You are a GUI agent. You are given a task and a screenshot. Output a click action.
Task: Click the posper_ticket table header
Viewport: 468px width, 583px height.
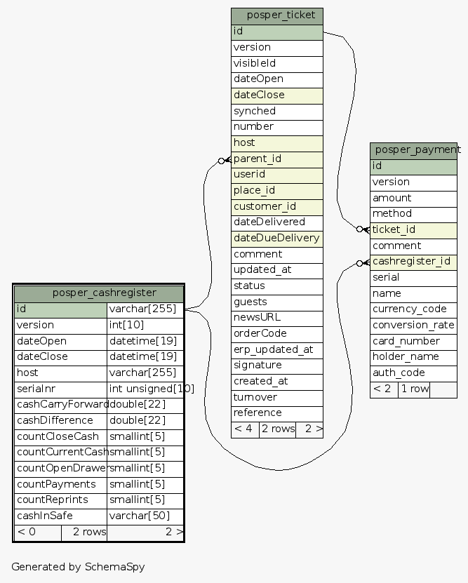(x=277, y=15)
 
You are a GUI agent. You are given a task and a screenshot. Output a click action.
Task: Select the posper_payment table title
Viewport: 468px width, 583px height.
(x=413, y=150)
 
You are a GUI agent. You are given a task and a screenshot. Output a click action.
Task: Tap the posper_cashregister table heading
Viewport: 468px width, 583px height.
(x=99, y=293)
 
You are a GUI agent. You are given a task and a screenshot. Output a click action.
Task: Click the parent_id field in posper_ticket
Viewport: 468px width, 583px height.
(x=277, y=159)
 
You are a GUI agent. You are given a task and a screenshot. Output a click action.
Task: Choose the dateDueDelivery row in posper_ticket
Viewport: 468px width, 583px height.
(x=277, y=238)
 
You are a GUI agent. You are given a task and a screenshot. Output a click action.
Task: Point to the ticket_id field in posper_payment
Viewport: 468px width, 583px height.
(x=413, y=229)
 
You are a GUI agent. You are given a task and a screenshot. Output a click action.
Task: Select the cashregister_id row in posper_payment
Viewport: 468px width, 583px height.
(x=413, y=262)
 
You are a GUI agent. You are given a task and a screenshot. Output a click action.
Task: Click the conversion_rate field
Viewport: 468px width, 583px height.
(x=413, y=325)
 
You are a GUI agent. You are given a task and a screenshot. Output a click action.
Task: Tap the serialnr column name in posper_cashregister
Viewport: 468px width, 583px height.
(x=60, y=389)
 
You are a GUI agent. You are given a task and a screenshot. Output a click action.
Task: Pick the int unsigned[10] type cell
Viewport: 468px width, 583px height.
(x=152, y=389)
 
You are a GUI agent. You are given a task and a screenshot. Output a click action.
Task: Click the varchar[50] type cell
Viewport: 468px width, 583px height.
(x=145, y=516)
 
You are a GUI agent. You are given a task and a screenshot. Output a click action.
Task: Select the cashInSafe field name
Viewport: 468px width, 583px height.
(x=60, y=516)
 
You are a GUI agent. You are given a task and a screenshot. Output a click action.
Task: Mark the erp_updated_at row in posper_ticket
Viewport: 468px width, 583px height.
(x=277, y=349)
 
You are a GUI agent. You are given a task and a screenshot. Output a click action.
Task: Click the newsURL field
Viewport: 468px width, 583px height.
(x=277, y=317)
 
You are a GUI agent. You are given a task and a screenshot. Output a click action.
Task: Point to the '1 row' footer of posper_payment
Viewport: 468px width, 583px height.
(x=413, y=389)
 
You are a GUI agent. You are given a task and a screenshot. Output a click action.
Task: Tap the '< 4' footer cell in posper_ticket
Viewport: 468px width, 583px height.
(x=244, y=429)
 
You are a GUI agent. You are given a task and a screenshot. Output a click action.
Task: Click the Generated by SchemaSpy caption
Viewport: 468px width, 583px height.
(x=78, y=566)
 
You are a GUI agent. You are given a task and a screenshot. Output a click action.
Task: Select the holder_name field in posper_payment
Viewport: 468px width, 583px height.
(x=413, y=357)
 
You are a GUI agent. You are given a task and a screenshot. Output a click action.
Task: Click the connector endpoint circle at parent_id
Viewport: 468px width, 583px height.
(x=221, y=161)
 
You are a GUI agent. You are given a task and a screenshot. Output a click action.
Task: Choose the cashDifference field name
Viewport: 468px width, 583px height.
(x=60, y=420)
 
